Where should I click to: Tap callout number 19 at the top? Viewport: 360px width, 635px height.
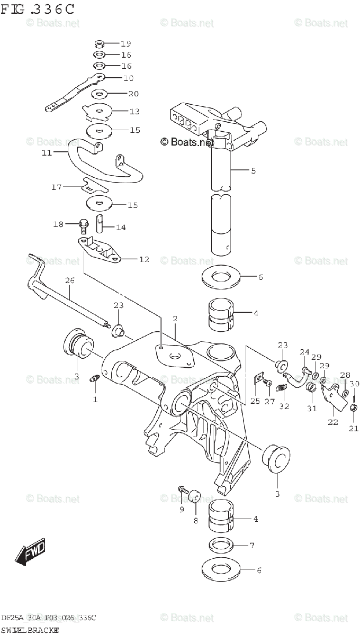point(125,43)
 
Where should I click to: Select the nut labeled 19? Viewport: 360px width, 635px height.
point(99,43)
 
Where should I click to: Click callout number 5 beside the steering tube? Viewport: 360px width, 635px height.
point(253,170)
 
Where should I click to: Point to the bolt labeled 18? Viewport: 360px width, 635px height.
point(83,225)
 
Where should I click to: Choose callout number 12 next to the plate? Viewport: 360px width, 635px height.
point(144,260)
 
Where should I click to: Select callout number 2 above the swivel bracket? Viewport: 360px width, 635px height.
point(174,319)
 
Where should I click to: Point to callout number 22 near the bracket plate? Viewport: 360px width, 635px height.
point(333,422)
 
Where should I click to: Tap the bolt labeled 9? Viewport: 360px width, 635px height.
point(183,491)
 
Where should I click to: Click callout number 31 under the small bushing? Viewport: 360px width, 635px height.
point(312,408)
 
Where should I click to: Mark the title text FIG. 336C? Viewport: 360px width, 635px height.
point(37,10)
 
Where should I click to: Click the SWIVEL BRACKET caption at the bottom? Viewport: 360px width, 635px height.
point(30,630)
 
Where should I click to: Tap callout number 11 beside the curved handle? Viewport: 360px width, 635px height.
point(47,153)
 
